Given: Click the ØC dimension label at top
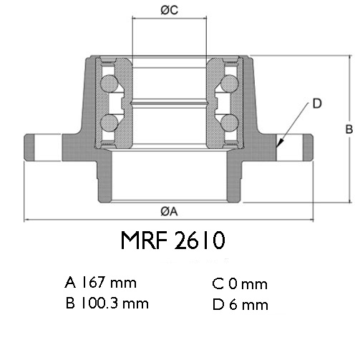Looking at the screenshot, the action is (x=170, y=10).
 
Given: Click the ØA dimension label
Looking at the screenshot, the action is (x=169, y=211).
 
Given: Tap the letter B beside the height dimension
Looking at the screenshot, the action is (x=349, y=129).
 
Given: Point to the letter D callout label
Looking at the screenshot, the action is (x=317, y=104).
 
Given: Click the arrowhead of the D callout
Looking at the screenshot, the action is (x=280, y=143).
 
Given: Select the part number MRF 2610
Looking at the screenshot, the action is (x=173, y=240).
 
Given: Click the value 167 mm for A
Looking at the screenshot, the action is (x=109, y=282).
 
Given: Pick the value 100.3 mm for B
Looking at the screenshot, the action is (x=115, y=303).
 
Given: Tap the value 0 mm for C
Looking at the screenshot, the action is (x=248, y=284).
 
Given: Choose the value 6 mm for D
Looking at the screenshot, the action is (x=249, y=305).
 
